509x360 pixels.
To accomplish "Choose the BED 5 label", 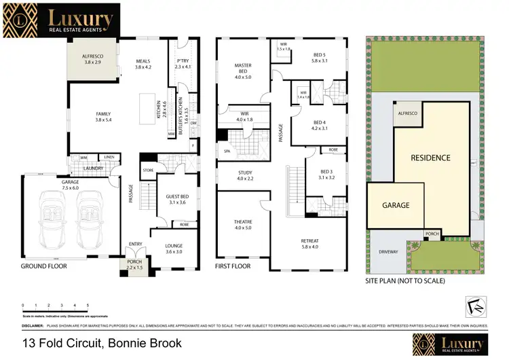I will [320, 57].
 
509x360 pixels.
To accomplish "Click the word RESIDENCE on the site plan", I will [430, 158].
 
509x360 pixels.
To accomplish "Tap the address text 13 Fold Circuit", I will [102, 343].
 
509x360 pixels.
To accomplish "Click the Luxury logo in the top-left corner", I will [61, 20].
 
